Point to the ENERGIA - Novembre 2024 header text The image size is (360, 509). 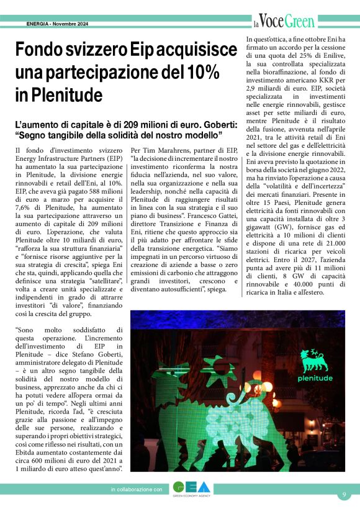pos(58,24)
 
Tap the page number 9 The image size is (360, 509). pos(344,494)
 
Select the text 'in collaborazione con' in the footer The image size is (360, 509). pos(136,490)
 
